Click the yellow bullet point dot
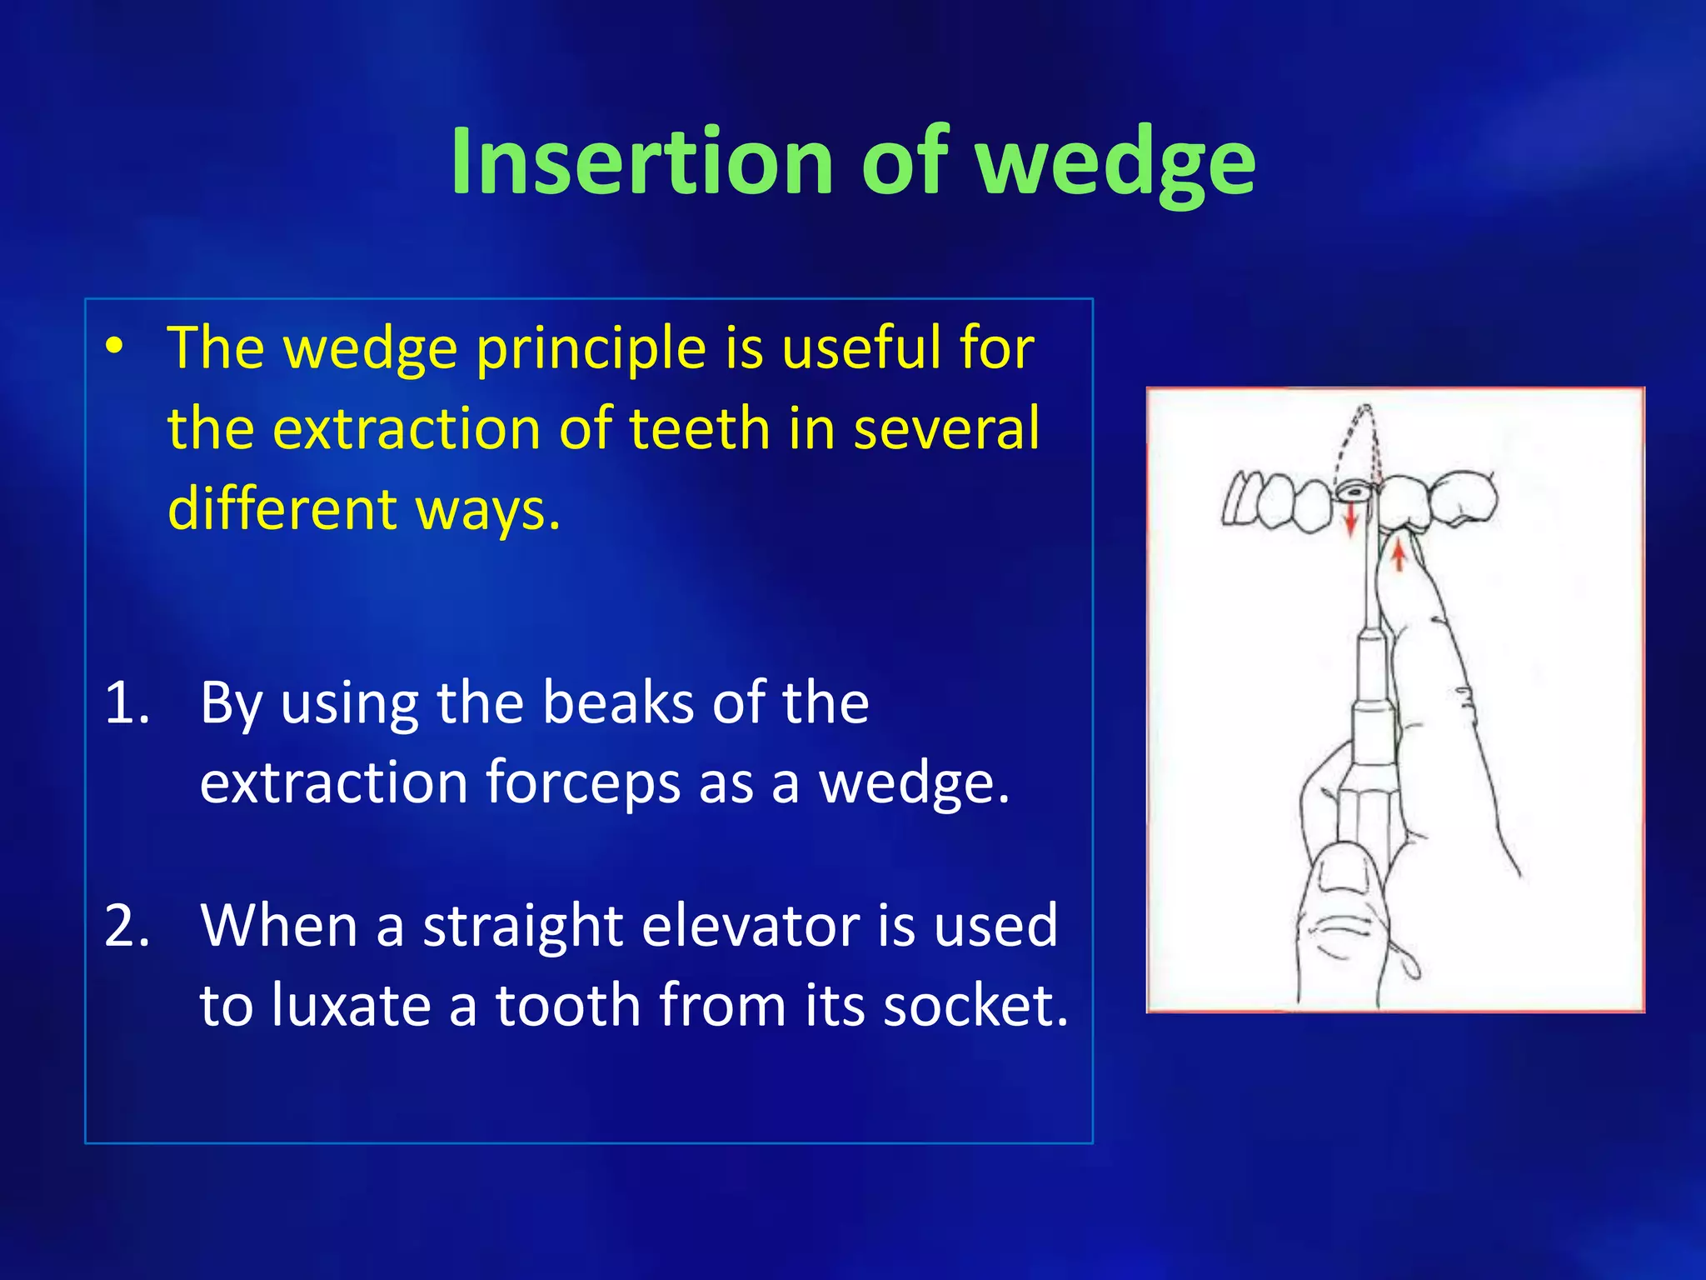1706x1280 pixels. [115, 347]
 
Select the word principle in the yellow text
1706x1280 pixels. [591, 348]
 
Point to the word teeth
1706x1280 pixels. [699, 428]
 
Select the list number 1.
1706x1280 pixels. [127, 702]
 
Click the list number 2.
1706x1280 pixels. [127, 925]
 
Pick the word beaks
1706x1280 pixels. [619, 702]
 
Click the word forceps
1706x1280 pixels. [583, 783]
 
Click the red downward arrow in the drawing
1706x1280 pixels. [1351, 521]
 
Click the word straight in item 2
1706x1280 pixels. [522, 925]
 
